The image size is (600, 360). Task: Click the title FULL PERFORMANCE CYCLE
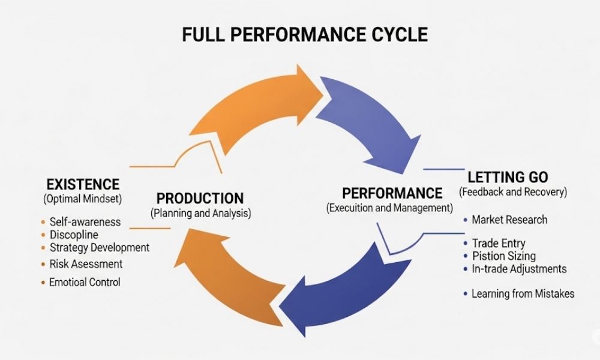[x=305, y=34]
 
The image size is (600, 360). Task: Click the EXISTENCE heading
[x=82, y=184]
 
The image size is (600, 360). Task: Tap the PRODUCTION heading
[x=200, y=199]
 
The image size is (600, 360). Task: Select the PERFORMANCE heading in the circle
[x=392, y=194]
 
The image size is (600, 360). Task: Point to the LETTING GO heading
[x=508, y=178]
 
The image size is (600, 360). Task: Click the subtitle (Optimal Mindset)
[x=82, y=197]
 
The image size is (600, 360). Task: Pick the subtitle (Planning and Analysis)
[x=200, y=212]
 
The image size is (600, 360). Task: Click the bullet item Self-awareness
[x=85, y=221]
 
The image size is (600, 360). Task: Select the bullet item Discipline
[x=74, y=235]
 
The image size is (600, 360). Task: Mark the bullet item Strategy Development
[x=99, y=247]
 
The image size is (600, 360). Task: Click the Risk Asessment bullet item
[x=86, y=264]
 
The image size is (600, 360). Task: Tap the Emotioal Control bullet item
[x=85, y=282]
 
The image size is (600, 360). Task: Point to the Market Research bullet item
[x=509, y=220]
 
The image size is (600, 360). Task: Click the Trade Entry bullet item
[x=498, y=244]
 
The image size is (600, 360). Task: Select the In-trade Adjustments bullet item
[x=518, y=269]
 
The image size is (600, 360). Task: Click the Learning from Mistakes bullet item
[x=523, y=293]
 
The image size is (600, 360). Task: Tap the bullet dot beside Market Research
[x=466, y=220]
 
